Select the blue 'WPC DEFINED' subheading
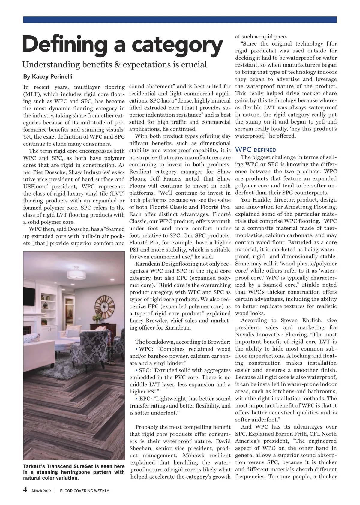[x=256, y=150]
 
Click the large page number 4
[x=25, y=490]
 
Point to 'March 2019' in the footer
[x=41, y=491]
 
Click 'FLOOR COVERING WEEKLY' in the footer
[x=85, y=491]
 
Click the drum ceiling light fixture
[x=76, y=273]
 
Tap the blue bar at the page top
[x=180, y=20]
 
